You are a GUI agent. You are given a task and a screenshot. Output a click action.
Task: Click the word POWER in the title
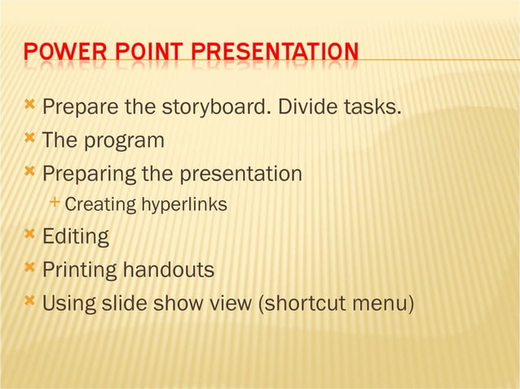tap(54, 54)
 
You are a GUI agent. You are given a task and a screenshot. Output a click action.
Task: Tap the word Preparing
tap(90, 174)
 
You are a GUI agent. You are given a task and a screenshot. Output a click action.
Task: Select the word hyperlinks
tap(184, 205)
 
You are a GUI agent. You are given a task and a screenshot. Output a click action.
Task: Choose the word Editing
tap(75, 238)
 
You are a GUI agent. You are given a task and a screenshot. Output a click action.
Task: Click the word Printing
tap(78, 270)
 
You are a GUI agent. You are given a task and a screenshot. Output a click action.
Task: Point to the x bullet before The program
tap(30, 138)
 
